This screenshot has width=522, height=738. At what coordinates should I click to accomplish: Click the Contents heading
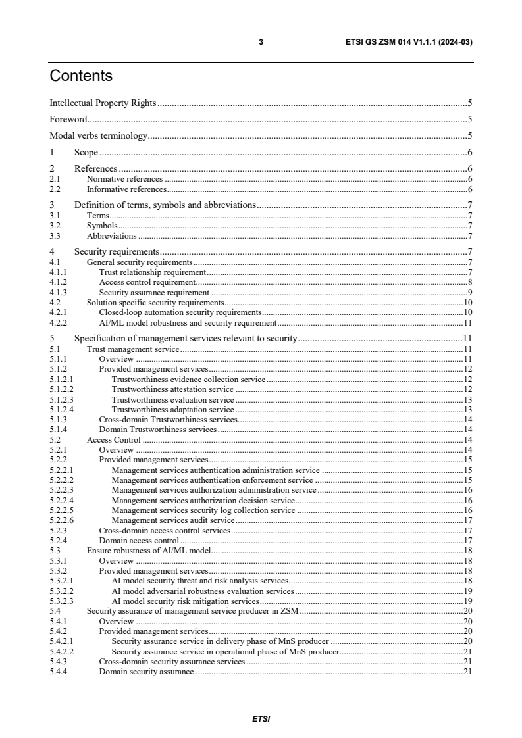pyautogui.click(x=81, y=76)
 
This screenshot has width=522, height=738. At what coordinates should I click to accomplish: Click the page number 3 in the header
pyautogui.click(x=261, y=42)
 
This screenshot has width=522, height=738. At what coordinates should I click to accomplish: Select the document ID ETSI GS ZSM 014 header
pyautogui.click(x=409, y=42)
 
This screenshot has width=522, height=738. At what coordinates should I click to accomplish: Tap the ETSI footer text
pyautogui.click(x=261, y=719)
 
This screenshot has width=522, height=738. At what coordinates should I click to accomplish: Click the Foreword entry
pyautogui.click(x=68, y=120)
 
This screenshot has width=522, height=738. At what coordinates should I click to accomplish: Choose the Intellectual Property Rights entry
pyautogui.click(x=103, y=103)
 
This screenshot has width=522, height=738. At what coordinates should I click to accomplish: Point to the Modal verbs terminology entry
pyautogui.click(x=98, y=136)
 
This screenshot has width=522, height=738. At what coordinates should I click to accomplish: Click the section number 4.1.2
pyautogui.click(x=58, y=282)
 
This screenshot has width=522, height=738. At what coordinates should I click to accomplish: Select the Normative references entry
pyautogui.click(x=124, y=179)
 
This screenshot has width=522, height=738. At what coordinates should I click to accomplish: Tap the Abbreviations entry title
pyautogui.click(x=111, y=236)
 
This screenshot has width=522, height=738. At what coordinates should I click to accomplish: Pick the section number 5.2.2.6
pyautogui.click(x=61, y=520)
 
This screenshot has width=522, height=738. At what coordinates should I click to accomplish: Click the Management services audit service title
pyautogui.click(x=173, y=520)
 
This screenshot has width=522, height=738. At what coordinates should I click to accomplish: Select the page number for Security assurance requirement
pyautogui.click(x=470, y=292)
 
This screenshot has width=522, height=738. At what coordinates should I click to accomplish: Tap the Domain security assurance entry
pyautogui.click(x=146, y=672)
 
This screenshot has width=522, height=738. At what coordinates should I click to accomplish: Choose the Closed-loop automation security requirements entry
pyautogui.click(x=180, y=312)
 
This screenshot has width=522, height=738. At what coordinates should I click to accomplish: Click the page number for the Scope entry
pyautogui.click(x=470, y=153)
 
